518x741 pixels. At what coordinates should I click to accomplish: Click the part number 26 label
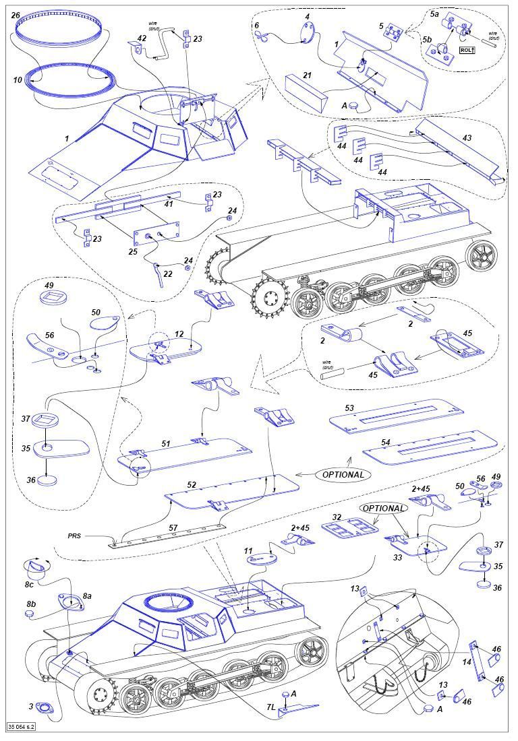click(15, 15)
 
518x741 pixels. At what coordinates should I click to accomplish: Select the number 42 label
click(142, 38)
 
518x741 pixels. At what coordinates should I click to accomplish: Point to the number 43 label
click(467, 137)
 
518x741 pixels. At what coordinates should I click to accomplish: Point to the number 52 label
click(192, 484)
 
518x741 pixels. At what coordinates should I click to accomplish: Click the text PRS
click(74, 536)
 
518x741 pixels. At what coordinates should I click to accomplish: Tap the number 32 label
click(335, 517)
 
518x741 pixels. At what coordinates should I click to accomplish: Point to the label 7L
click(270, 706)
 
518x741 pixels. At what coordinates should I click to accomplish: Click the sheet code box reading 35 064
click(22, 727)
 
